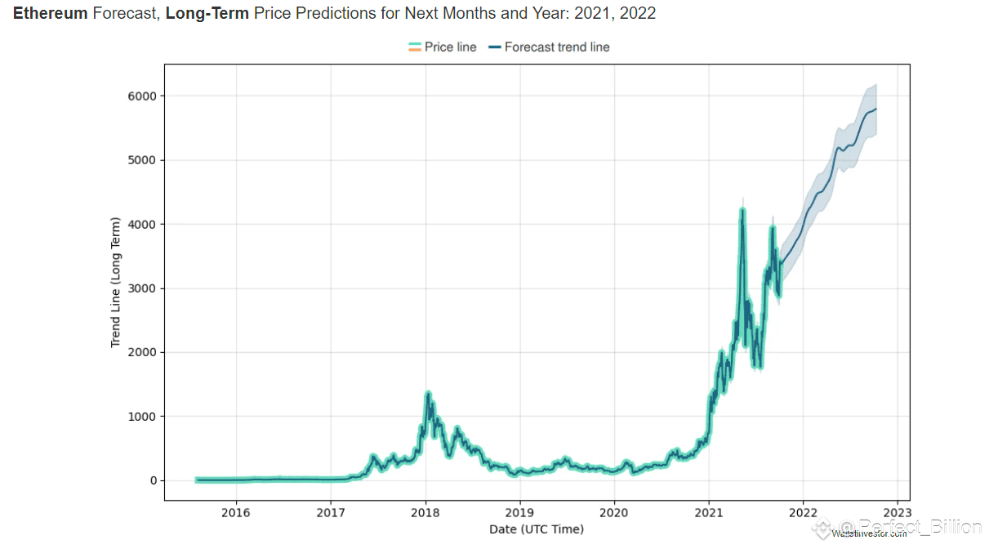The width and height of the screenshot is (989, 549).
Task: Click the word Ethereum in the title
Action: click(50, 14)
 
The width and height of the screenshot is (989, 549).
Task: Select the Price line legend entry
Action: click(442, 47)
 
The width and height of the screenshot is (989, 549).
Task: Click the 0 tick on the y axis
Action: click(152, 480)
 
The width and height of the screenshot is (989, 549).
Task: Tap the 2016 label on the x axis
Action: click(236, 513)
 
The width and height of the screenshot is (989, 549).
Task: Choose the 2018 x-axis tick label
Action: click(425, 513)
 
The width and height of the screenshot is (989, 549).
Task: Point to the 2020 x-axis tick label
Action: click(614, 513)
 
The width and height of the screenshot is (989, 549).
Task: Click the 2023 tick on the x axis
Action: click(898, 513)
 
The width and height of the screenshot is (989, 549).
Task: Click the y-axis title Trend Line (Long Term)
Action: click(116, 283)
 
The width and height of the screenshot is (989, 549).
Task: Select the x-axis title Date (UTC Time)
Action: click(537, 529)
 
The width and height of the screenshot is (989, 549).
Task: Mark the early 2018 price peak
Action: click(428, 394)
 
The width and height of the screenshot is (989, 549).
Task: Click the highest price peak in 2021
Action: click(742, 210)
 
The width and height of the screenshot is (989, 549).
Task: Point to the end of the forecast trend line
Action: click(876, 109)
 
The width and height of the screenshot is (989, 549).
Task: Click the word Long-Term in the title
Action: click(207, 14)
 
